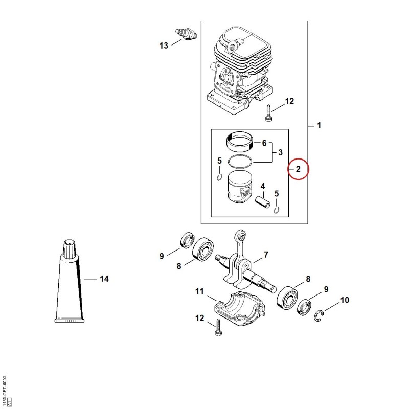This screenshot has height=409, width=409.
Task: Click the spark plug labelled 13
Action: click(x=186, y=35)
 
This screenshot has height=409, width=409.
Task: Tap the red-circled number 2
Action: click(x=298, y=169)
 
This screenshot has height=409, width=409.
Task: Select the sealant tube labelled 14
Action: click(x=70, y=281)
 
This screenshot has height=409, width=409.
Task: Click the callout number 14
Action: click(x=104, y=279)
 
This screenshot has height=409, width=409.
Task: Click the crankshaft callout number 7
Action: click(x=266, y=254)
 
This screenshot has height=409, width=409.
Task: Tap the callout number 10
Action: click(x=345, y=300)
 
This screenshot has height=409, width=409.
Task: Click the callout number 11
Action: click(x=199, y=291)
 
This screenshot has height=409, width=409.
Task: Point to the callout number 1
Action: click(x=319, y=125)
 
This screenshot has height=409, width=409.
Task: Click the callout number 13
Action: click(x=164, y=46)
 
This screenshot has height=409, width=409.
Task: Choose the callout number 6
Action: click(x=264, y=143)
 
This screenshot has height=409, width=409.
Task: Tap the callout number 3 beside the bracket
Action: click(x=280, y=152)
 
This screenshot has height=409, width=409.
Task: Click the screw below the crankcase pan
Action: click(x=218, y=328)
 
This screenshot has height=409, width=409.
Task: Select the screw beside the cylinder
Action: click(x=268, y=113)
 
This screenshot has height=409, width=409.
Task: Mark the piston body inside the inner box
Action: click(x=240, y=187)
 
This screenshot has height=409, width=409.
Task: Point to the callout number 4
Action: click(x=263, y=186)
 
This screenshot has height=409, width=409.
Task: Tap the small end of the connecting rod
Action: click(x=241, y=236)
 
